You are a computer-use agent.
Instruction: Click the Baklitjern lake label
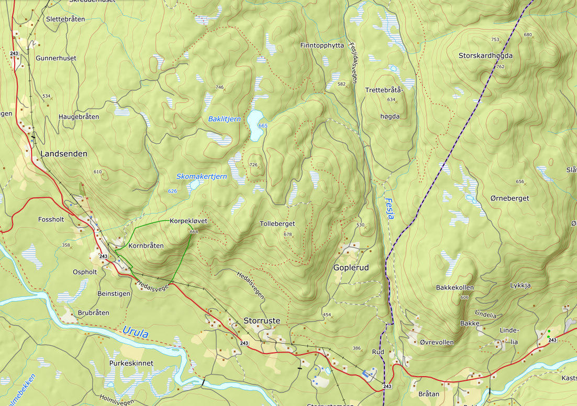pos(224,119)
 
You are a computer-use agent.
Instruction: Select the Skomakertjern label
pos(202,177)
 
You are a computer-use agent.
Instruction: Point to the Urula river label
pos(135,333)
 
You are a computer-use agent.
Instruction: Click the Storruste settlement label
pos(262,320)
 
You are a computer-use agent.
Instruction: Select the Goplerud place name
pos(351,268)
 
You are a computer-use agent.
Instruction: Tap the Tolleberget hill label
pos(277,224)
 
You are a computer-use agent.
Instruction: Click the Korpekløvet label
pos(188,221)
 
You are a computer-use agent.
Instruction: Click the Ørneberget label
pos(510,198)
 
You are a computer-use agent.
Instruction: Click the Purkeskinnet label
pos(131,363)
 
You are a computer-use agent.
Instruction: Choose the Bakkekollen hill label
pos(454,288)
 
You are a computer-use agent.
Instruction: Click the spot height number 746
pos(219,87)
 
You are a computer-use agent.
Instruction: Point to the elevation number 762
pos(500,67)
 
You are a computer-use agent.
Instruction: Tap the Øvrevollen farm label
pos(437,342)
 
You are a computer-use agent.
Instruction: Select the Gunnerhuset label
pos(56,58)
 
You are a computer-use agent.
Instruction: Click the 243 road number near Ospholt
pos(103,256)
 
